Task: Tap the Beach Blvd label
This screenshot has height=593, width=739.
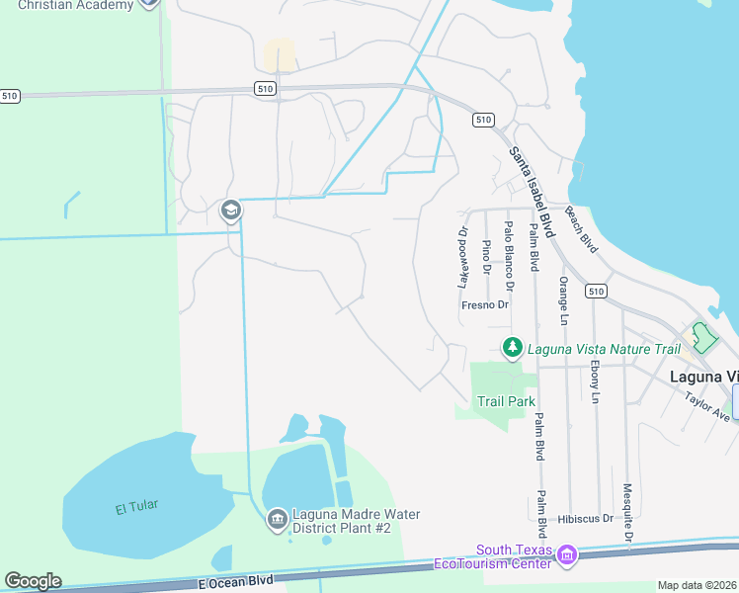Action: [x=581, y=229]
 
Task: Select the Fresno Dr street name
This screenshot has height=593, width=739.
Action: [x=485, y=305]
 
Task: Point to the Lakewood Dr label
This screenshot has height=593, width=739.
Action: [x=461, y=257]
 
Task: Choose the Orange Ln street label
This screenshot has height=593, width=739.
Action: [x=562, y=300]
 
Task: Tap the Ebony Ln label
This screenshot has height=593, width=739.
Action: [x=594, y=381]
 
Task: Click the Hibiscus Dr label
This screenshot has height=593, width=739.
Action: [x=585, y=518]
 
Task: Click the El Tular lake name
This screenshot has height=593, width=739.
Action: [x=136, y=507]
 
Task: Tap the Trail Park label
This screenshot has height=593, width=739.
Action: [x=506, y=401]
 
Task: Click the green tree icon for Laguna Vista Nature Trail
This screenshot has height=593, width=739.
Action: [x=512, y=348]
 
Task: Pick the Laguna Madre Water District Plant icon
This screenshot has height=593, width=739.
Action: [x=277, y=518]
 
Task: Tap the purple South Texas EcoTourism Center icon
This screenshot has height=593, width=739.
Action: [x=566, y=557]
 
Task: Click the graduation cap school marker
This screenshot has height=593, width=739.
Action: [x=230, y=210]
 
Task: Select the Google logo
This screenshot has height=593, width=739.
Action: [x=33, y=581]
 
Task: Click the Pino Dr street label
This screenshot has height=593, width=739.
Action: [x=486, y=257]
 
